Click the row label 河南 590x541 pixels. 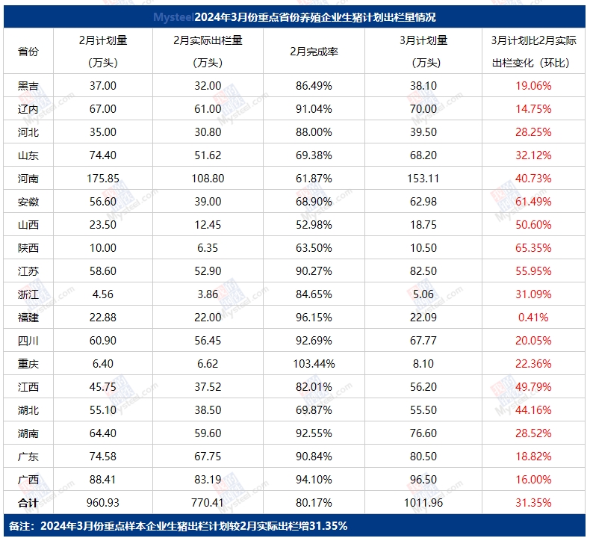tap(28, 179)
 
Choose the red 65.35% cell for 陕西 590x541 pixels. tap(533, 248)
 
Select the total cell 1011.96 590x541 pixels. tap(423, 503)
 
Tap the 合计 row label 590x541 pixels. tap(28, 503)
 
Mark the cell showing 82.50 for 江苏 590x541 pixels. tap(423, 271)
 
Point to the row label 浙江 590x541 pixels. tap(28, 294)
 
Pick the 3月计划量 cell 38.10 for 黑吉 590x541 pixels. tap(423, 86)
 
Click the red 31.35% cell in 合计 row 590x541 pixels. tap(533, 503)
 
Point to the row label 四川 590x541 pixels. tap(28, 341)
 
